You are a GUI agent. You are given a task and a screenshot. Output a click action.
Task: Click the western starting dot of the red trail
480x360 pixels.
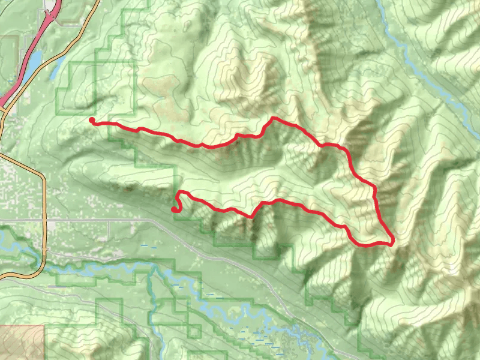(x=92, y=121)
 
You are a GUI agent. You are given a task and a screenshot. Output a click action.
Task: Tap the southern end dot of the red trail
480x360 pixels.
(x=174, y=209)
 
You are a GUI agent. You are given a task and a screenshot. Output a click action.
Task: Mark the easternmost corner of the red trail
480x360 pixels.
(x=392, y=242)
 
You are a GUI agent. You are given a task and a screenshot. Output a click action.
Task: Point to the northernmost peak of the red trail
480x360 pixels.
(x=273, y=118)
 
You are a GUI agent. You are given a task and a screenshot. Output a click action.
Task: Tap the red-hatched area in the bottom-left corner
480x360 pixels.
(x=21, y=342)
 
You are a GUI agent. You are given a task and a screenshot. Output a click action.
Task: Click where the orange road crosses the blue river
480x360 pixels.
(x=43, y=252)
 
